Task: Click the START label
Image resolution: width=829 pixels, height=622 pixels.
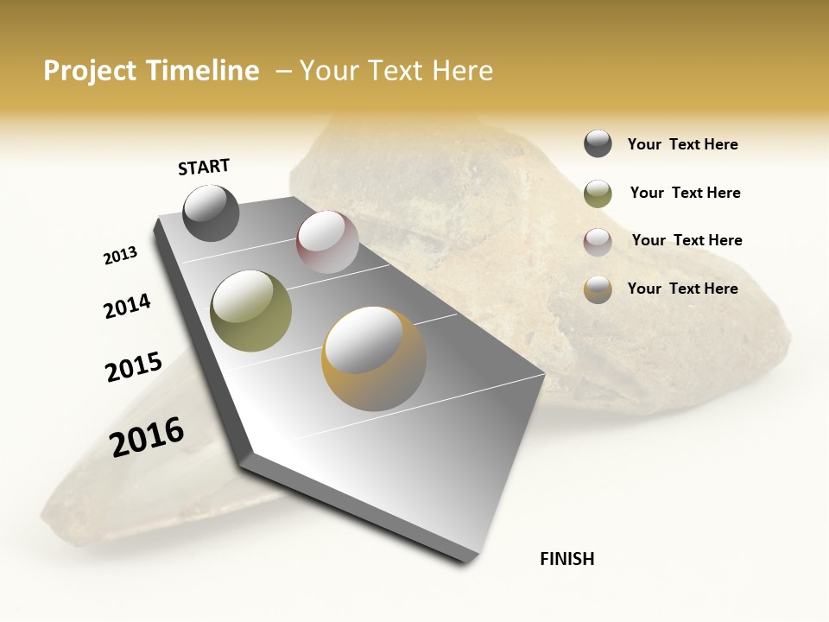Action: pyautogui.click(x=204, y=167)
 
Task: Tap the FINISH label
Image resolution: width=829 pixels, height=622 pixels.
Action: pyautogui.click(x=566, y=559)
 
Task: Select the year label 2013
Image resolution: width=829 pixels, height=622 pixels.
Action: pyautogui.click(x=120, y=256)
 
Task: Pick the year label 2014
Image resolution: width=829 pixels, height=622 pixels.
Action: pyautogui.click(x=127, y=306)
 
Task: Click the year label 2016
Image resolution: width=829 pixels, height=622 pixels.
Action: pyautogui.click(x=147, y=437)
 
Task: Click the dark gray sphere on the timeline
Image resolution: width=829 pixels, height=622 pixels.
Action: pyautogui.click(x=211, y=213)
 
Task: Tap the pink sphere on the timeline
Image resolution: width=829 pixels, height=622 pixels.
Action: pyautogui.click(x=327, y=242)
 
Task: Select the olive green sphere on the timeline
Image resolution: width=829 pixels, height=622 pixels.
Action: pyautogui.click(x=250, y=311)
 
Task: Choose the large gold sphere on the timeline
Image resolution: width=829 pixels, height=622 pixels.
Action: pyautogui.click(x=373, y=359)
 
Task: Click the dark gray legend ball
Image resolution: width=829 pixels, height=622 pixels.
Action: pyautogui.click(x=598, y=144)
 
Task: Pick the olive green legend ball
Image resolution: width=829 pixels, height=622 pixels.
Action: pyautogui.click(x=598, y=194)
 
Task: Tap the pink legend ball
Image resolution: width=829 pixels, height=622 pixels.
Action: pyautogui.click(x=598, y=241)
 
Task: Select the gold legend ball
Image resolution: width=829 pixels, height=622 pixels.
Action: pyautogui.click(x=598, y=289)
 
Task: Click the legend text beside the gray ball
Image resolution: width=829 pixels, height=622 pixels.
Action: pyautogui.click(x=682, y=145)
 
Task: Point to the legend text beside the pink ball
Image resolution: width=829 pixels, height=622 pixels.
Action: pyautogui.click(x=687, y=240)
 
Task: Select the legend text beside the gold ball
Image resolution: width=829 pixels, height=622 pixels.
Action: pyautogui.click(x=682, y=289)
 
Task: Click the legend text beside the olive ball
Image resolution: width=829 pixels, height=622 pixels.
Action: pyautogui.click(x=685, y=193)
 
